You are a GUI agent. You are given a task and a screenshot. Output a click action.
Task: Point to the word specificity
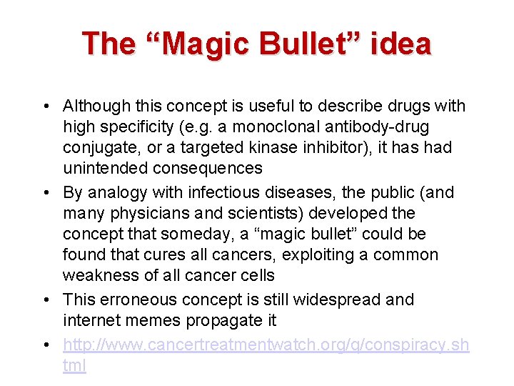pos(136,127)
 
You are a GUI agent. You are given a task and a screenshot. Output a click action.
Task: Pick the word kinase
pos(265,148)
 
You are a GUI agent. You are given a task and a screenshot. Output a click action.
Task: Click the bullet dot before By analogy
pos(46,193)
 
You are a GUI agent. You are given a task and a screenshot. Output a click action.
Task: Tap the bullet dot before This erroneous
pos(46,300)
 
